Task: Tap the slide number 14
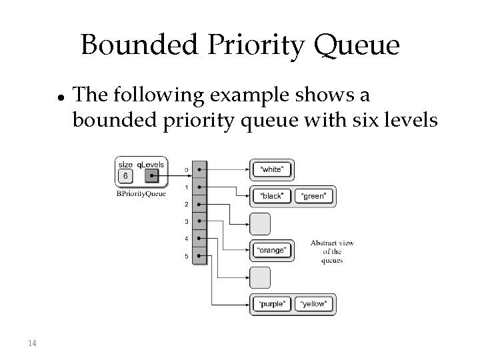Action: pos(33,343)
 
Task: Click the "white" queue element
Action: pos(272,169)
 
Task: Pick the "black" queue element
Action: pos(272,196)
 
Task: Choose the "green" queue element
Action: pos(313,196)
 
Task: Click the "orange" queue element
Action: pos(272,251)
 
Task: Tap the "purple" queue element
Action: pos(272,304)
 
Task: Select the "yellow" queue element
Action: pos(313,304)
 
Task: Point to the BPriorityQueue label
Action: pos(141,193)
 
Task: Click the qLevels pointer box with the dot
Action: pos(151,177)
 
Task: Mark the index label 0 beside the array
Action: pos(186,170)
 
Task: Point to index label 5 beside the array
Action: pos(186,256)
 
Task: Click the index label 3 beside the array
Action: pos(186,221)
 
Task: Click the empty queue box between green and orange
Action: pos(261,223)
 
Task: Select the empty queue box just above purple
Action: pos(261,277)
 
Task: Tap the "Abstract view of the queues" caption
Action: pos(331,251)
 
